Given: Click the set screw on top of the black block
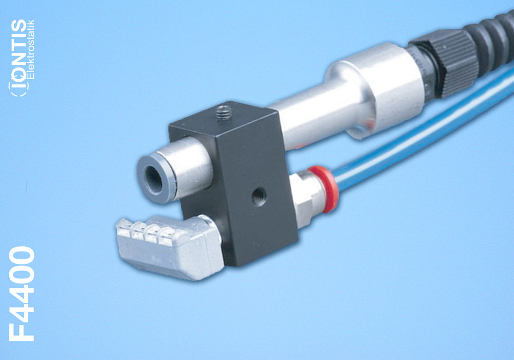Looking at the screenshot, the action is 223,113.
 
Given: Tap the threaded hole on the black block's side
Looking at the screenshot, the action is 259,197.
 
